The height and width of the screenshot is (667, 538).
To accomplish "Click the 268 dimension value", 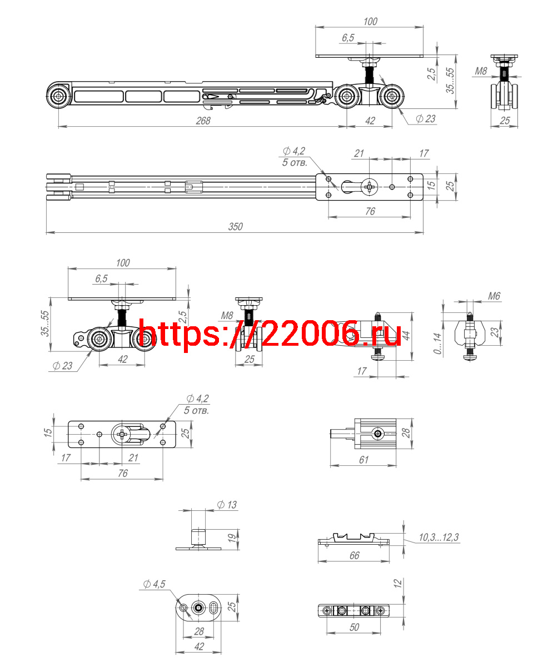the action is (203, 121).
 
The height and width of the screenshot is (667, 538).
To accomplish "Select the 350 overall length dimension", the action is (236, 227).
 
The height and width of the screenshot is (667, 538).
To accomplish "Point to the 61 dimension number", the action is (364, 460).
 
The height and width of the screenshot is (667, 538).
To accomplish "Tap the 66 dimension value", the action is (355, 555).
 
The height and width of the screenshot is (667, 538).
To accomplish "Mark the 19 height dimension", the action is (232, 538).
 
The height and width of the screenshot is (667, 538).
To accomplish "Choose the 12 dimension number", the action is (397, 583).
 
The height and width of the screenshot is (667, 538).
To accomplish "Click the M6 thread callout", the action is (494, 296).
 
